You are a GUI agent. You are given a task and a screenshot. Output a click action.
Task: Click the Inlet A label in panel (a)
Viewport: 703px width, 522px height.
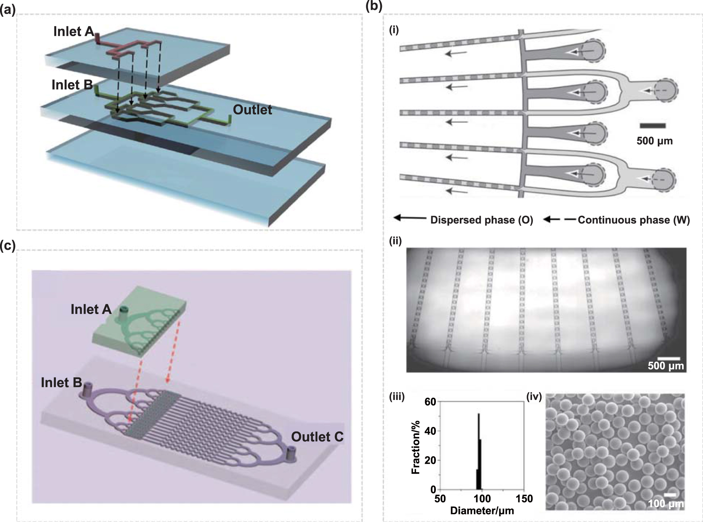point(73,32)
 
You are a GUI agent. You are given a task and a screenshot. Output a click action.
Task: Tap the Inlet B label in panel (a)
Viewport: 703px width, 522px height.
point(72,85)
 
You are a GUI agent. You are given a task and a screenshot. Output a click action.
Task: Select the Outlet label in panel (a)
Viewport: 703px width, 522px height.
point(252,110)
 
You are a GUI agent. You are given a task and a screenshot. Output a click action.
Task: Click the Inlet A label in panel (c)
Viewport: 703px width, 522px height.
point(91,309)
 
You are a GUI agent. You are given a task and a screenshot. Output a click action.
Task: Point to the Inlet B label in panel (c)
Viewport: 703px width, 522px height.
point(62,382)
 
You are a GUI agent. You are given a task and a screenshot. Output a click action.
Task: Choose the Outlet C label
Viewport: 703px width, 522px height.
point(317,437)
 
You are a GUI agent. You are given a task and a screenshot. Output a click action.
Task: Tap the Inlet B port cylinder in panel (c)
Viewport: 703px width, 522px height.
point(88,390)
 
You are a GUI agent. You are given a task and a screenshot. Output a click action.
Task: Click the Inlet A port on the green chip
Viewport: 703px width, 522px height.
point(123,314)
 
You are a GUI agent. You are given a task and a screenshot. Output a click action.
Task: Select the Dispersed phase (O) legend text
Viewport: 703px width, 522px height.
point(481,220)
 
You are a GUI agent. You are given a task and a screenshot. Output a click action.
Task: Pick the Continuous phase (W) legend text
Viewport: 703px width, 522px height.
point(633,220)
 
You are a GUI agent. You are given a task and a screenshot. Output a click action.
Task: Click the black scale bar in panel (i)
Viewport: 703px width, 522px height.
point(652,126)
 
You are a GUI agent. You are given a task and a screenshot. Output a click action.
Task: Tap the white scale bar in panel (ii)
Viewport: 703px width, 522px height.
point(668,358)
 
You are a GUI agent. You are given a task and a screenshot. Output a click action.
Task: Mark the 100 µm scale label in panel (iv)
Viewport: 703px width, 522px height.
point(666,504)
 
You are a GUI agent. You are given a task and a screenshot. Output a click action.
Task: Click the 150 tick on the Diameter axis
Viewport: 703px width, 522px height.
point(524,498)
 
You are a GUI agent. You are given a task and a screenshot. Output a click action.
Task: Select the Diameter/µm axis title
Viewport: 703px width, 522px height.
point(482,511)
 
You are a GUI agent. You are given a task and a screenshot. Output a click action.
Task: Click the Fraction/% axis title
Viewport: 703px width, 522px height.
point(416,447)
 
